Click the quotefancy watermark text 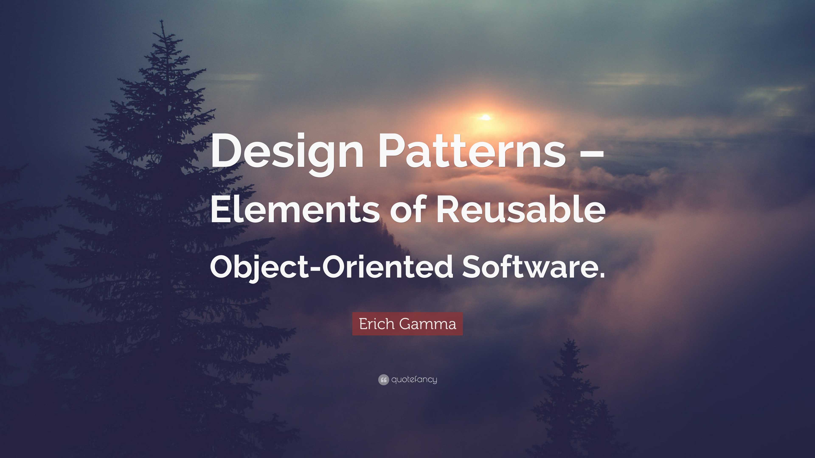[414, 379]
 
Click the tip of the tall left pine [162, 21]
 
